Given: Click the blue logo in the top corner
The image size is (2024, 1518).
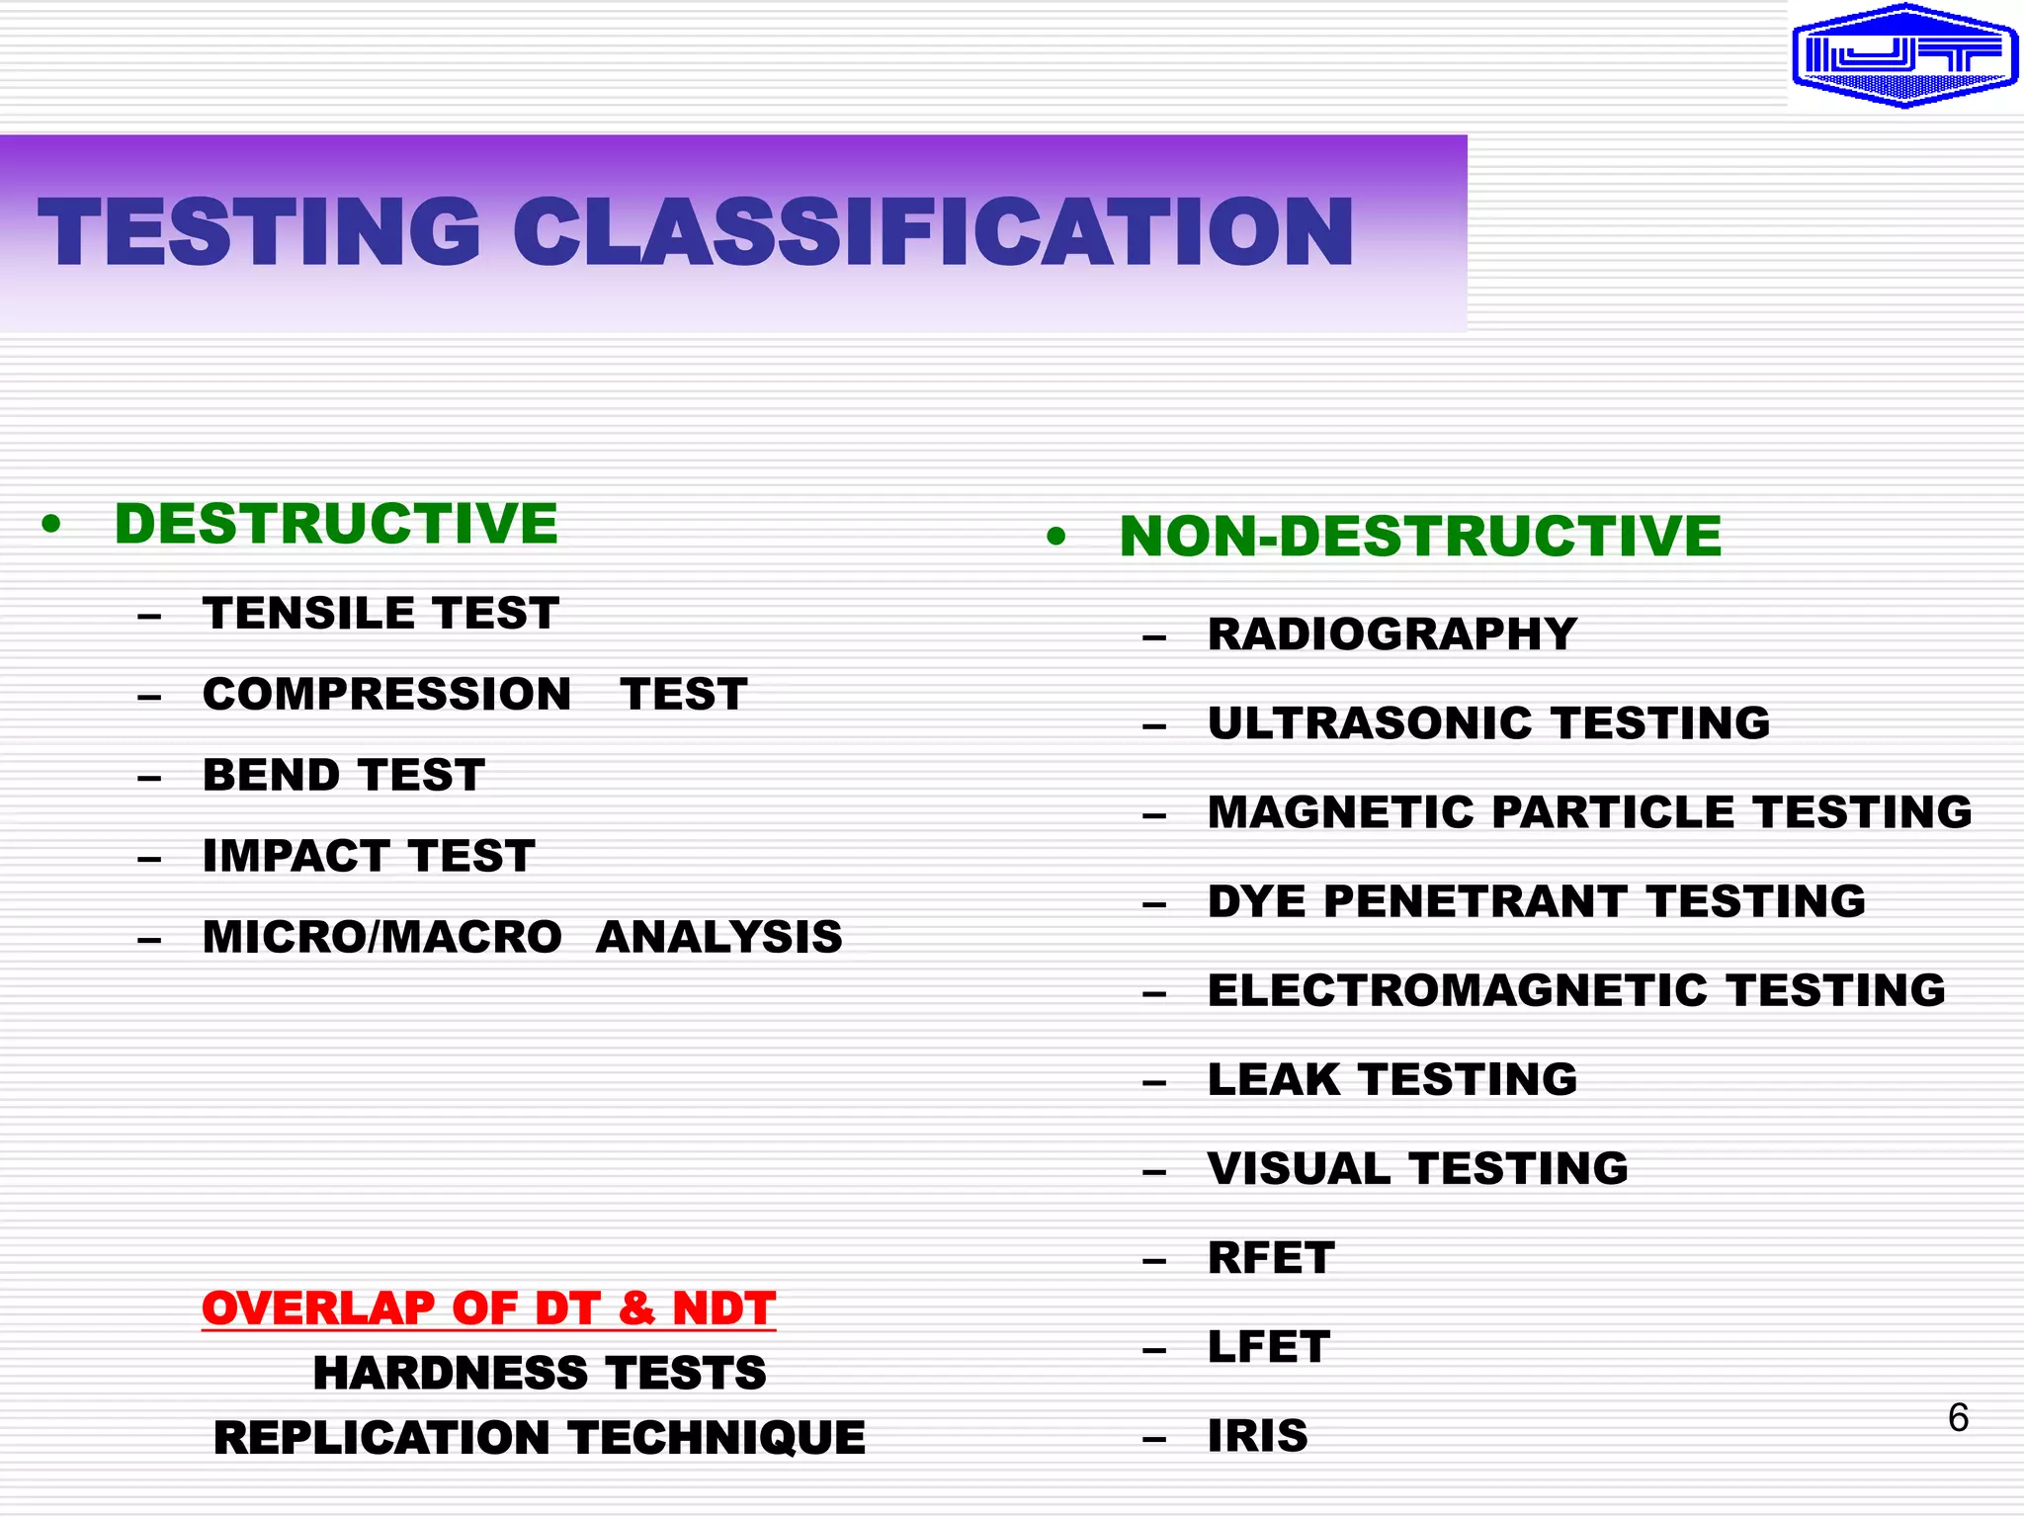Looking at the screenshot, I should tap(1904, 56).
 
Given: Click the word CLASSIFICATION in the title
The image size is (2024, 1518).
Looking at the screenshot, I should tap(933, 232).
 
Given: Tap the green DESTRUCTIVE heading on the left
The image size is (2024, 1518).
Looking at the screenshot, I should tap(336, 523).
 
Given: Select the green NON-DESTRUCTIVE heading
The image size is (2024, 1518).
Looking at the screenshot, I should tap(1420, 537).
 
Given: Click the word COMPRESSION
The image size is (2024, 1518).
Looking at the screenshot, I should tap(386, 694).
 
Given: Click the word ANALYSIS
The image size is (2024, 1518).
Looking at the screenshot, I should tap(718, 937).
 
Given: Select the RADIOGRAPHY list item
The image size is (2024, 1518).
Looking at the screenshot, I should tap(1391, 634).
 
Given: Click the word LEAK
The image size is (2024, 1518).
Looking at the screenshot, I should tap(1274, 1079).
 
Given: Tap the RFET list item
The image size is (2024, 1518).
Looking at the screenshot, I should tap(1271, 1258).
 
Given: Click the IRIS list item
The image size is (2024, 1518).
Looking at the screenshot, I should tap(1257, 1436).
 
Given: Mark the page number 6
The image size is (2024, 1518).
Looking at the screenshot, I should tap(1958, 1418).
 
